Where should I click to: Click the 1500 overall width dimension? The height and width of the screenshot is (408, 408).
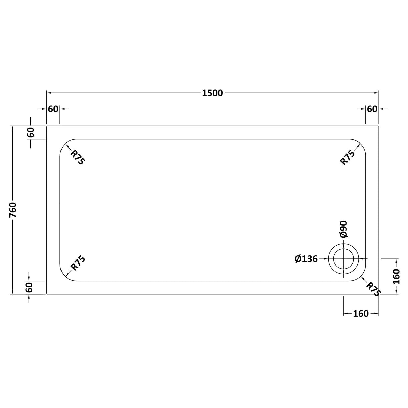pyautogui.click(x=212, y=93)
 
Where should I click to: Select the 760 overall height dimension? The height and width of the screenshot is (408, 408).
pyautogui.click(x=13, y=210)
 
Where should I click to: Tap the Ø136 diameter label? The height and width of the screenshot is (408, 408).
pyautogui.click(x=306, y=259)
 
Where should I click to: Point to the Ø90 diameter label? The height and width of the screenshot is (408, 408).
pyautogui.click(x=343, y=229)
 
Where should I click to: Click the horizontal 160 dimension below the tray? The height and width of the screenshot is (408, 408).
pyautogui.click(x=361, y=314)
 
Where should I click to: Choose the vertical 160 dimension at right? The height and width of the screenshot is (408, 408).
pyautogui.click(x=397, y=276)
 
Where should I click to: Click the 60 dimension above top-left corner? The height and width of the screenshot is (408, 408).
pyautogui.click(x=53, y=109)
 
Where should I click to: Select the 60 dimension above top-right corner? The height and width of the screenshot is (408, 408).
pyautogui.click(x=372, y=109)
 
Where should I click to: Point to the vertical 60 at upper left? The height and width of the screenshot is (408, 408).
pyautogui.click(x=31, y=133)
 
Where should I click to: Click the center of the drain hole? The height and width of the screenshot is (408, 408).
pyautogui.click(x=343, y=259)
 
